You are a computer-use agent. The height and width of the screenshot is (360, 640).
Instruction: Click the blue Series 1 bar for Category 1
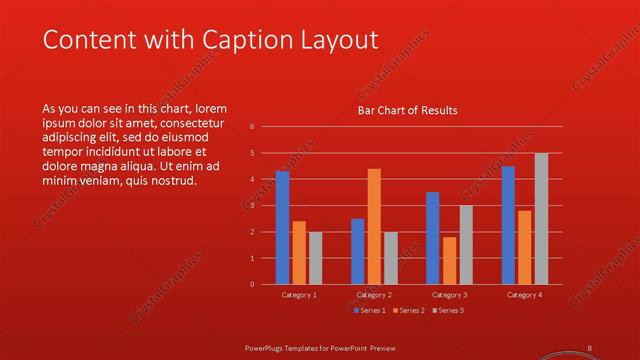pyautogui.click(x=282, y=228)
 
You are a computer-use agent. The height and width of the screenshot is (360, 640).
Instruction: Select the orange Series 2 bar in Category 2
pyautogui.click(x=374, y=226)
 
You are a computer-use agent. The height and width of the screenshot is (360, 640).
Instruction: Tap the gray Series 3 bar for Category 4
pyautogui.click(x=541, y=218)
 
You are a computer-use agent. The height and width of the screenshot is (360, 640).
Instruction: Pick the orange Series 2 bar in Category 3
pyautogui.click(x=449, y=260)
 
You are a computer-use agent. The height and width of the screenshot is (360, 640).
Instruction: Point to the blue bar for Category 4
pyautogui.click(x=508, y=225)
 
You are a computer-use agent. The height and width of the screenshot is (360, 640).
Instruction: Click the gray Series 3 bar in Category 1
pyautogui.click(x=315, y=258)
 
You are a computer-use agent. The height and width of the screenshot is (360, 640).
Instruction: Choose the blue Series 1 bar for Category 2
pyautogui.click(x=357, y=251)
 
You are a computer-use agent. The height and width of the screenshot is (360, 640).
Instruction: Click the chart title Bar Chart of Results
pyautogui.click(x=407, y=111)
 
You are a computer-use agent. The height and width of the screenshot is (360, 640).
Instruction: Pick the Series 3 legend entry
pyautogui.click(x=447, y=310)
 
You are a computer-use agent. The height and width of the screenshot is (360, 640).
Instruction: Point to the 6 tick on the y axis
pyautogui.click(x=252, y=127)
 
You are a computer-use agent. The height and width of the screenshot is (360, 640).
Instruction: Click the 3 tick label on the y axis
pyautogui.click(x=252, y=206)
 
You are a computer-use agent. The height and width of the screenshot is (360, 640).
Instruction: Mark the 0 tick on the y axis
pyautogui.click(x=252, y=284)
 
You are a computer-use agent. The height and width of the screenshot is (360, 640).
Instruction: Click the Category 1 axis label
pyautogui.click(x=298, y=295)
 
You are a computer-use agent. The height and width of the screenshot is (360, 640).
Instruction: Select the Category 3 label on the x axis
pyautogui.click(x=449, y=295)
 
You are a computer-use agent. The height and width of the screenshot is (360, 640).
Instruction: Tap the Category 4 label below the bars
pyautogui.click(x=524, y=295)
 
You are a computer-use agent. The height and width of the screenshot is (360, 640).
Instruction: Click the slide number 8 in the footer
pyautogui.click(x=590, y=347)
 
